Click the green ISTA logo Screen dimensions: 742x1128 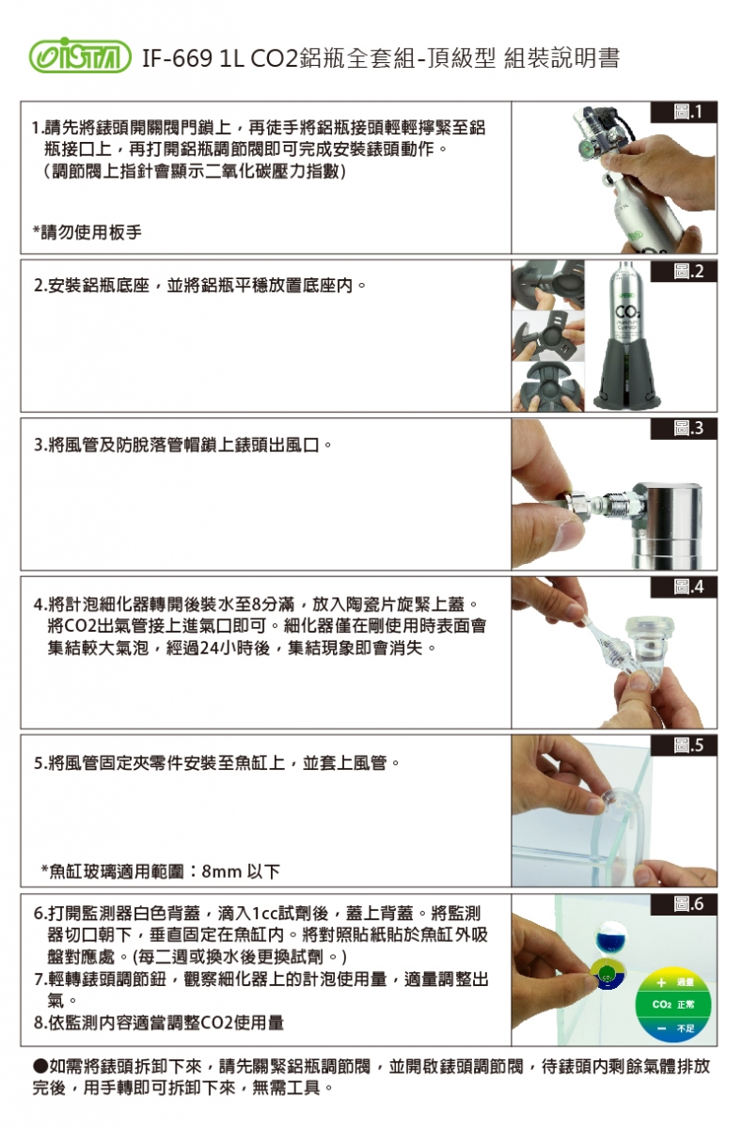coord(80,55)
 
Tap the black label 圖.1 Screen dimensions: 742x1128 coord(684,112)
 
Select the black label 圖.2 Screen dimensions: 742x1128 coord(684,271)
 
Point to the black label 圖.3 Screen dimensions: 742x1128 coord(684,429)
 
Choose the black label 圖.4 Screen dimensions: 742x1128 coord(684,587)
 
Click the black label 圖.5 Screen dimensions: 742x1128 coord(684,745)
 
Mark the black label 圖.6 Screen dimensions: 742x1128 coord(684,904)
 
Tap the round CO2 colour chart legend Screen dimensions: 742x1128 coord(673,1004)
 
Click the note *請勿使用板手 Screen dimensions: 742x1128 coord(87,232)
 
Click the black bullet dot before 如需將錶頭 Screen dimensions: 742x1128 coord(40,1066)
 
